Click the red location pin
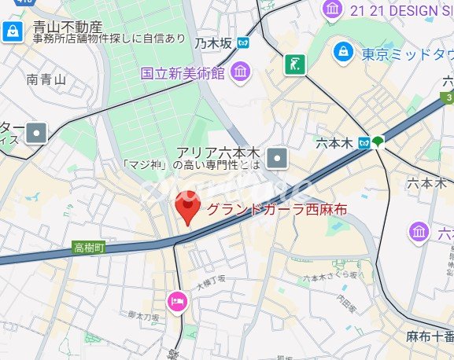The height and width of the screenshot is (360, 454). [186, 211]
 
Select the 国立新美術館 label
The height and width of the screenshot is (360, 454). [183, 74]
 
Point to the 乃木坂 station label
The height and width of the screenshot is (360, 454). [214, 43]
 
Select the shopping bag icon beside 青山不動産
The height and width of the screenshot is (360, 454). [12, 31]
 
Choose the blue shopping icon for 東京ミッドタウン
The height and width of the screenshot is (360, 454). [342, 53]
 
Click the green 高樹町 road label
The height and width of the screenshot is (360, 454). [89, 248]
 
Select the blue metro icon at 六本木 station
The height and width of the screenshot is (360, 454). [364, 143]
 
